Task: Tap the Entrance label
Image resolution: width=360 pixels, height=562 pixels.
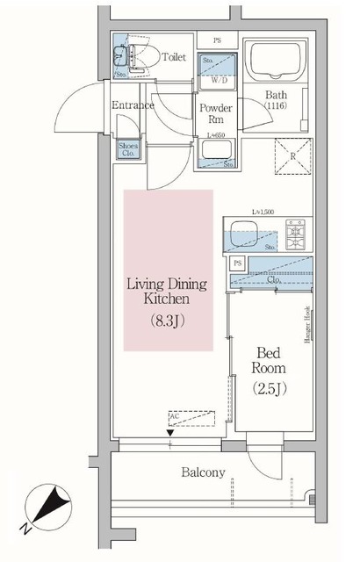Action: (x=133, y=105)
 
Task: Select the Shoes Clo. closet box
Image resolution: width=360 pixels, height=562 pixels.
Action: (x=128, y=148)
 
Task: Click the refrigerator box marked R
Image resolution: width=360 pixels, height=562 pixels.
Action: (x=293, y=157)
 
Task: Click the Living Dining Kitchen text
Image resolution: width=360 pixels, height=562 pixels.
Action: (x=168, y=292)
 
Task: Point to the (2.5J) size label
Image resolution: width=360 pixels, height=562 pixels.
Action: (x=270, y=387)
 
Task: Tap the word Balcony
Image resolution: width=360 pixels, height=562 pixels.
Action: (x=203, y=472)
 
